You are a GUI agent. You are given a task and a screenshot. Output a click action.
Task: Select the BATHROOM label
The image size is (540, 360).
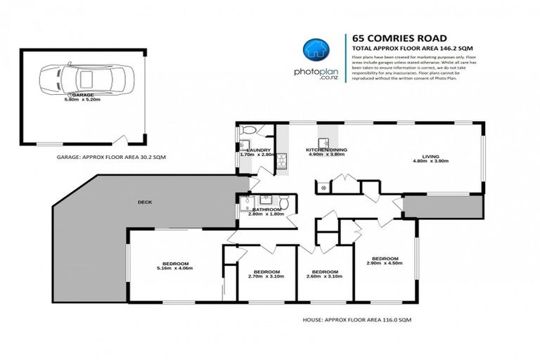[267, 210]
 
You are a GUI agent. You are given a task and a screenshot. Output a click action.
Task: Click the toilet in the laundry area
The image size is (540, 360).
[247, 131]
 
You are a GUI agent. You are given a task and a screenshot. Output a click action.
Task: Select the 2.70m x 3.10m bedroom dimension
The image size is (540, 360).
[266, 276]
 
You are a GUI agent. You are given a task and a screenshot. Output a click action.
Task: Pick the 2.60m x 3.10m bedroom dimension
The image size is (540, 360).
[323, 276]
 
